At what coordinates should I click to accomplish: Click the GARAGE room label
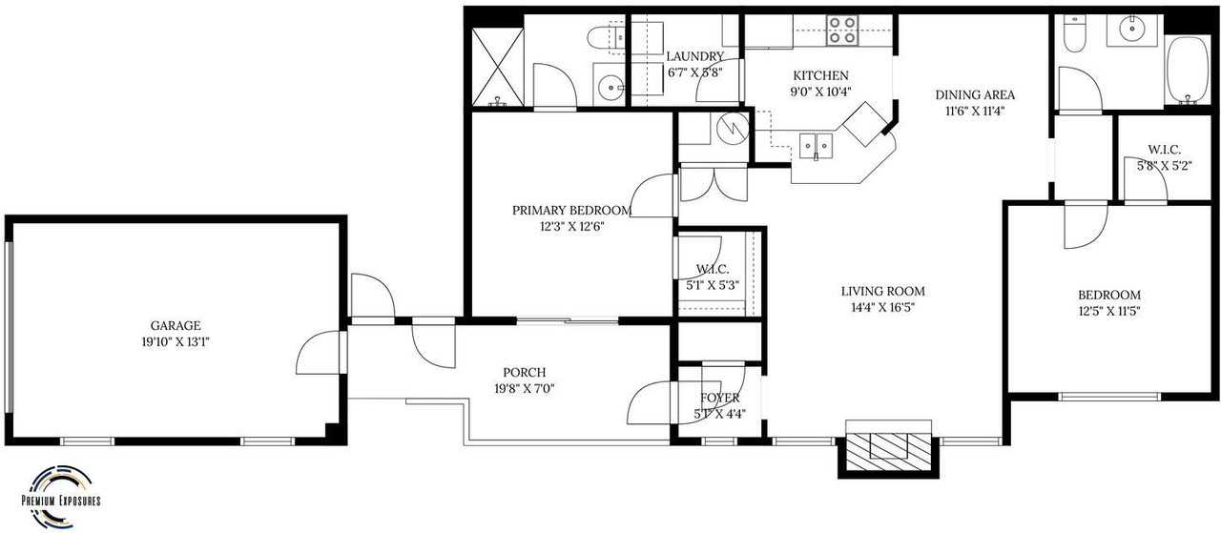pyautogui.click(x=175, y=325)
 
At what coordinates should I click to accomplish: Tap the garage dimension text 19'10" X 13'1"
pyautogui.click(x=175, y=340)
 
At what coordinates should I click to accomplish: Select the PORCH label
pyautogui.click(x=525, y=372)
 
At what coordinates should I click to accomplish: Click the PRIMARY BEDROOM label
pyautogui.click(x=571, y=211)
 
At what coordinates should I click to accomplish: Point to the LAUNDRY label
pyautogui.click(x=694, y=56)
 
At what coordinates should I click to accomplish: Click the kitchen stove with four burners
pyautogui.click(x=841, y=31)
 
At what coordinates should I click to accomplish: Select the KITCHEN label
pyautogui.click(x=820, y=76)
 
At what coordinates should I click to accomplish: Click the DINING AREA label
pyautogui.click(x=974, y=94)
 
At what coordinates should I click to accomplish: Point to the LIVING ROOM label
pyautogui.click(x=882, y=292)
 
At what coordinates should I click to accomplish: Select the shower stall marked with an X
pyautogui.click(x=497, y=66)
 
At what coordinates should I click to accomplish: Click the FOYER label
pyautogui.click(x=719, y=399)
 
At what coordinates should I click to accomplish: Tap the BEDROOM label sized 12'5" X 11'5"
pyautogui.click(x=1108, y=295)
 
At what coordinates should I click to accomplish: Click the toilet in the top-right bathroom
pyautogui.click(x=1075, y=33)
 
